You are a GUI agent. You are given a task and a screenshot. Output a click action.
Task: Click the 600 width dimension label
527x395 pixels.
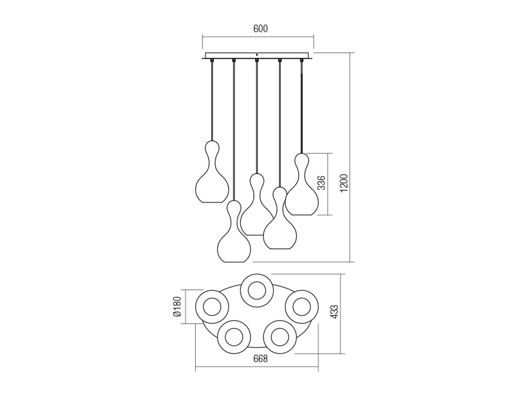point(260,29)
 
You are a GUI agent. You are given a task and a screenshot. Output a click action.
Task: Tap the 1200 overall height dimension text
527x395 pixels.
point(344,183)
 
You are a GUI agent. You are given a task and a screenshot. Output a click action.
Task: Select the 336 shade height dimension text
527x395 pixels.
point(321,183)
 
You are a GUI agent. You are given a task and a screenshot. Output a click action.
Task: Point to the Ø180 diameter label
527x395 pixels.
point(178,307)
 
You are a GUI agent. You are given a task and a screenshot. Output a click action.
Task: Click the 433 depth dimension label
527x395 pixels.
point(334,311)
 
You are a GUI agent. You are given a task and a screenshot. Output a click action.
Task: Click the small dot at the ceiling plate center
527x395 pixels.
point(257,55)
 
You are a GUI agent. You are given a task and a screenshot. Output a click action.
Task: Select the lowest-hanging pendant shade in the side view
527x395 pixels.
point(234,231)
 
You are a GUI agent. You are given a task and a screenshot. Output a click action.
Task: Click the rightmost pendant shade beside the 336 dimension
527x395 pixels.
point(302,184)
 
